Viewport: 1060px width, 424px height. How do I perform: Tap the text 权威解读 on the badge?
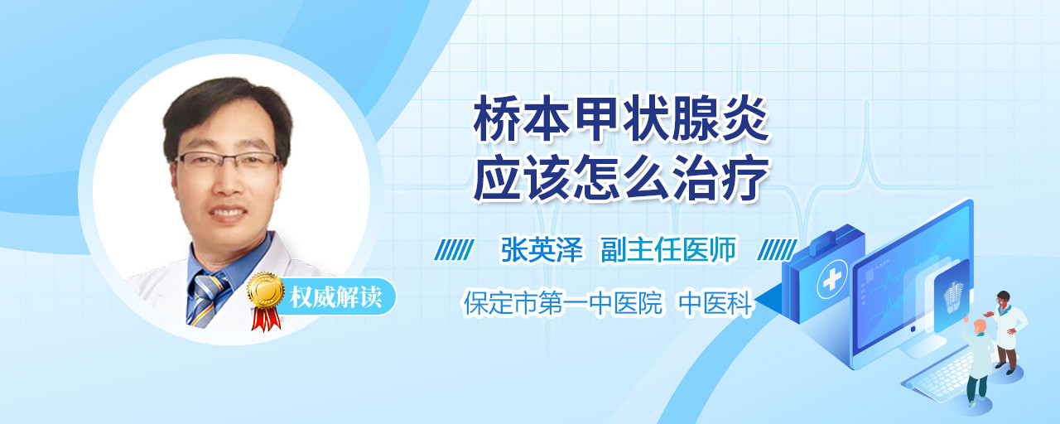coord(336,297)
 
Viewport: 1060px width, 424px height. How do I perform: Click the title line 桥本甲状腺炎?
coord(621,118)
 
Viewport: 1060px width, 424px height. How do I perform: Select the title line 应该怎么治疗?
coord(621,178)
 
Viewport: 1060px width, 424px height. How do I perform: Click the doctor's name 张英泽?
coord(542,250)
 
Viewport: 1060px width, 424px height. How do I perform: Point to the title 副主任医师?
coord(668,250)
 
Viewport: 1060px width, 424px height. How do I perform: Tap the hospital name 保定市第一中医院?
coord(562,303)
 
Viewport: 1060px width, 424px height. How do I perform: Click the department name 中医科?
coord(715,303)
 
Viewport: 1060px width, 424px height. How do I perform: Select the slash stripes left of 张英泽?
coord(454,250)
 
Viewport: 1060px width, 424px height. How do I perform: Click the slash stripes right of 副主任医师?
coord(777,250)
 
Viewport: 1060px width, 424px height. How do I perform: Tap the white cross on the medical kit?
coord(832,280)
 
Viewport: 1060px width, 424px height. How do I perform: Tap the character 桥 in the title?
coord(496,118)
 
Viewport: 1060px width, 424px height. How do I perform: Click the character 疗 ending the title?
coord(746,178)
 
